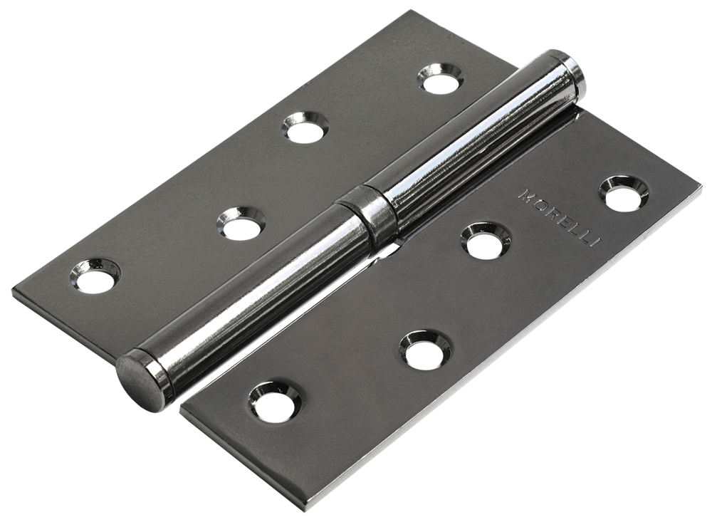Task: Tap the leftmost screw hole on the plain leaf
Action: click(94, 275)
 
